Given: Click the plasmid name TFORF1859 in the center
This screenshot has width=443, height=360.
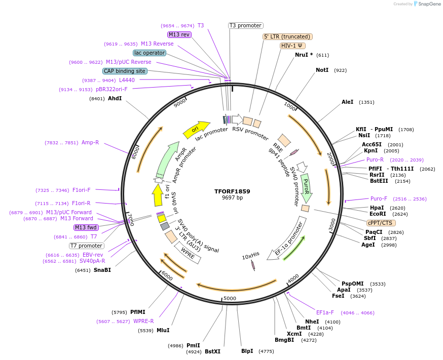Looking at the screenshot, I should coord(232,191).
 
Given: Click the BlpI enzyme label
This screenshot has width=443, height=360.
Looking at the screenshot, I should coord(247,351).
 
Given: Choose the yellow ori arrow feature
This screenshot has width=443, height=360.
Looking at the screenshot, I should coord(197,130).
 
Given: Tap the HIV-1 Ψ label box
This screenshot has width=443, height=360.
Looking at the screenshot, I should coord(293,46).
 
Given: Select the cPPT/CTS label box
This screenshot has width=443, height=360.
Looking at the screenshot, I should coord(381,223).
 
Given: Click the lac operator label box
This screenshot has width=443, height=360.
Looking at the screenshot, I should coord(150,53).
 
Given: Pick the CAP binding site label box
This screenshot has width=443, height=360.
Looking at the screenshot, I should coord(125,71).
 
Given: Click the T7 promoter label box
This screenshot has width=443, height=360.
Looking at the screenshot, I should coord(87,246).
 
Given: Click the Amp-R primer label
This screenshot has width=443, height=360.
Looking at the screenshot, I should coord(90,143).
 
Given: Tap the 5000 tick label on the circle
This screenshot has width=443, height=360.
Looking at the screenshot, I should coord(230,299).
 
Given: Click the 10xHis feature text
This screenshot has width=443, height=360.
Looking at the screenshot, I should coord(251,257).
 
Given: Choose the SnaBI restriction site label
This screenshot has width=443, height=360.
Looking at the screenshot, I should coord(102,270).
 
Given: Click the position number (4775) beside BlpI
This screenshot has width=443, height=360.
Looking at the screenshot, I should coord(266,351).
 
